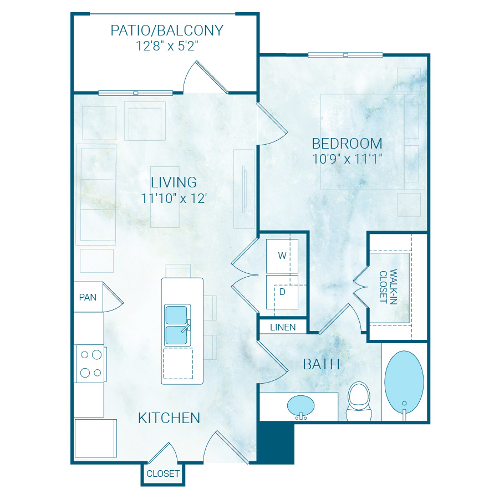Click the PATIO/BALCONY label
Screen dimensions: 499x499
click(167, 30)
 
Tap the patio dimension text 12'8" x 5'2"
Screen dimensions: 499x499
click(167, 46)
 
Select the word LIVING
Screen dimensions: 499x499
click(174, 182)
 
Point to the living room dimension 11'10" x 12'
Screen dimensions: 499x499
click(174, 198)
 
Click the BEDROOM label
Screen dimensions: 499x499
click(347, 144)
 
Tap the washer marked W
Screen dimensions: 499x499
click(282, 256)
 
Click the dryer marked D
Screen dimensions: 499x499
click(282, 292)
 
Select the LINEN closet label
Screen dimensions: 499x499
click(283, 327)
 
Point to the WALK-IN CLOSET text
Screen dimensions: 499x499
click(389, 287)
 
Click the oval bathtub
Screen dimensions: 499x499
click(404, 383)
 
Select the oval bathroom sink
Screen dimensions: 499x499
click(301, 406)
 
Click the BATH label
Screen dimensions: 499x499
click(322, 364)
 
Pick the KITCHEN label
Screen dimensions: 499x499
click(169, 417)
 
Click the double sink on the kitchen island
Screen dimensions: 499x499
click(177, 325)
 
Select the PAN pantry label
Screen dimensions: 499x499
click(88, 297)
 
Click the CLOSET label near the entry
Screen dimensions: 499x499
click(163, 473)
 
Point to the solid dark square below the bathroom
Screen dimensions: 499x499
click(276, 442)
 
